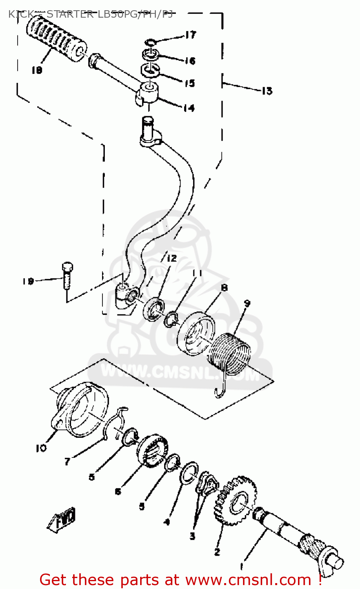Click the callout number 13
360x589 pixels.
coord(267,91)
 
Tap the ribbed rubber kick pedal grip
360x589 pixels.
coord(56,38)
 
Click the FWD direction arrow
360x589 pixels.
coord(62,519)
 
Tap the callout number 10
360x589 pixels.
coord(41,448)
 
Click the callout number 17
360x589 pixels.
coord(190,35)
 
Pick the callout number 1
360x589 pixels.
coord(241,567)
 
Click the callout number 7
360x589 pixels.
coord(67,462)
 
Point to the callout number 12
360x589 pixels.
coord(172,258)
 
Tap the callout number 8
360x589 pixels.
coord(224,288)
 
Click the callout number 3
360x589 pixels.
coord(192,536)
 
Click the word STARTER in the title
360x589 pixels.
coord(70,15)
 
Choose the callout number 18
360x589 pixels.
coord(37,70)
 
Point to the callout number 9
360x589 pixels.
coord(247,303)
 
